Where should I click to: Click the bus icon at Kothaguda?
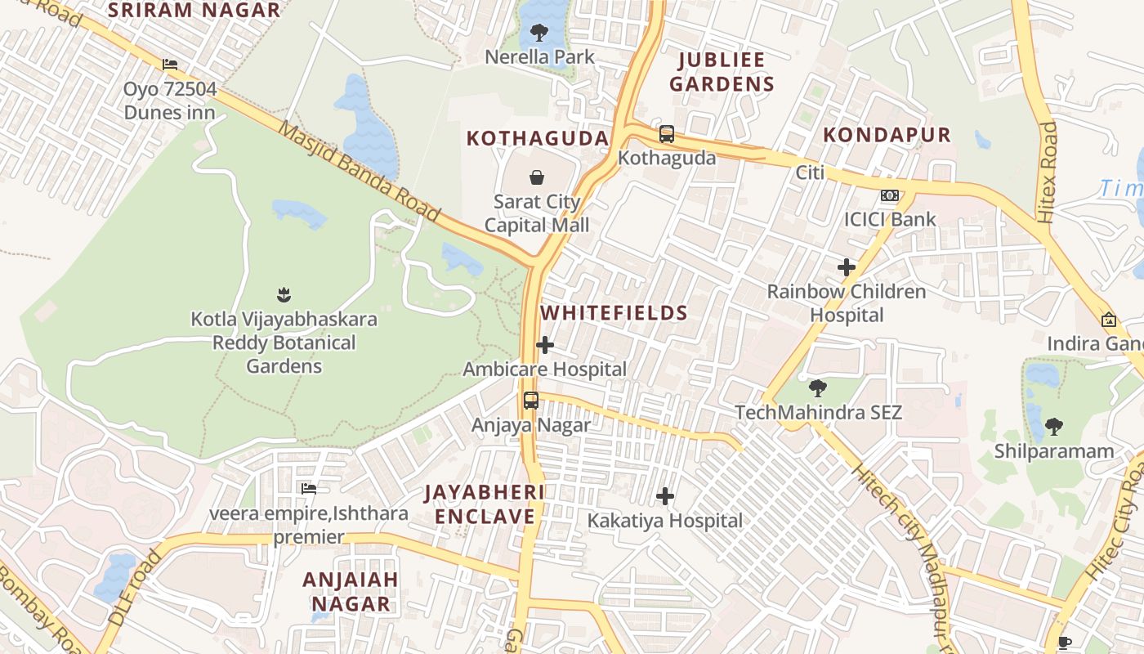[x=667, y=134]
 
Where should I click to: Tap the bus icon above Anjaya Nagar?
[x=531, y=401]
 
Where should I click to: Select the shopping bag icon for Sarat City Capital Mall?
[x=537, y=177]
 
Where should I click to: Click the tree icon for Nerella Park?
[x=538, y=33]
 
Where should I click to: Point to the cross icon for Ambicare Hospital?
[x=545, y=346]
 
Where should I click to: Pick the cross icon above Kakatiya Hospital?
[x=665, y=496]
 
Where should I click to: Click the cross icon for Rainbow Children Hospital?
[x=847, y=267]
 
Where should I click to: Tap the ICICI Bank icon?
[x=889, y=196]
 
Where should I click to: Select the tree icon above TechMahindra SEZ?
[x=817, y=388]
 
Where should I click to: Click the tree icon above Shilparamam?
[x=1054, y=426]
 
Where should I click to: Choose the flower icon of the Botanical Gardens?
[x=284, y=293]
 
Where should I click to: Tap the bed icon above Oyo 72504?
[x=170, y=64]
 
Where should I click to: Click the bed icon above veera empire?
[x=308, y=489]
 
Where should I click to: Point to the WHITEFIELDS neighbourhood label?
[x=614, y=313]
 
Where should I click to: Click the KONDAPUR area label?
[x=887, y=135]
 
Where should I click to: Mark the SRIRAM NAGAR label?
[x=194, y=11]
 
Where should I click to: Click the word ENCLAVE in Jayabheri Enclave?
[x=485, y=517]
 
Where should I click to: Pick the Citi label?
[x=810, y=172]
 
